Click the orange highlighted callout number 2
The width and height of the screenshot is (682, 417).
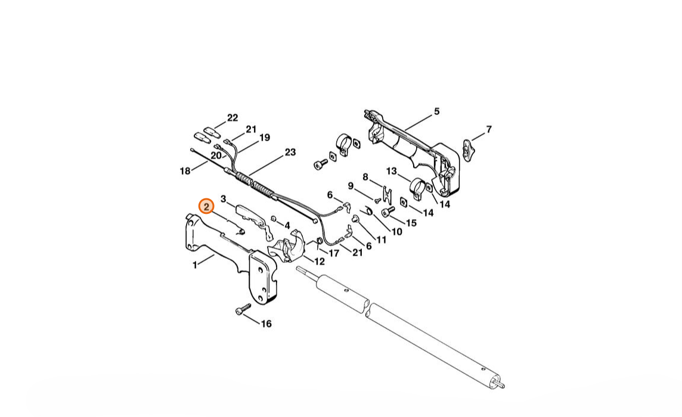(206, 207)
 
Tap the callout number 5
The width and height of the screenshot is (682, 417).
(437, 112)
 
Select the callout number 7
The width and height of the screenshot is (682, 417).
(489, 130)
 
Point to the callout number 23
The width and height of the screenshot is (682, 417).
(290, 152)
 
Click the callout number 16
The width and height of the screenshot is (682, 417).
(266, 323)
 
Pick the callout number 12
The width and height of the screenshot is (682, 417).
(320, 262)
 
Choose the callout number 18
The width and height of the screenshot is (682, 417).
(185, 171)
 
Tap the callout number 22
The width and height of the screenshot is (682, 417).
(232, 118)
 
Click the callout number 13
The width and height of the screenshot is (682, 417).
(392, 171)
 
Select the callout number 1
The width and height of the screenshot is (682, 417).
(195, 264)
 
